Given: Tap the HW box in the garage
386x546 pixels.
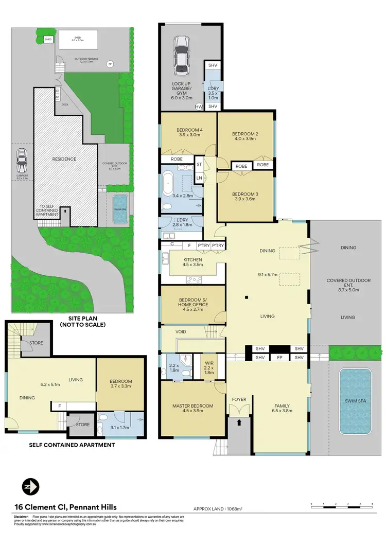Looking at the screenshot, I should coord(199,107).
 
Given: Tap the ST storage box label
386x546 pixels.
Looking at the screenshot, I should coord(199,165).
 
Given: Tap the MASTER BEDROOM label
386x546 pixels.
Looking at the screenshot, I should coord(192,406).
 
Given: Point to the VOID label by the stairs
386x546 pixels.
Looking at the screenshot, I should coord(181,332).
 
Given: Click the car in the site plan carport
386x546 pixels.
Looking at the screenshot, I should coord(22,161).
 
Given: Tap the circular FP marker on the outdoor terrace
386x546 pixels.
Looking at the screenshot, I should coord(109,64).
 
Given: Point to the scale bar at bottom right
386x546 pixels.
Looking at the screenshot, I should coord(341,504).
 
